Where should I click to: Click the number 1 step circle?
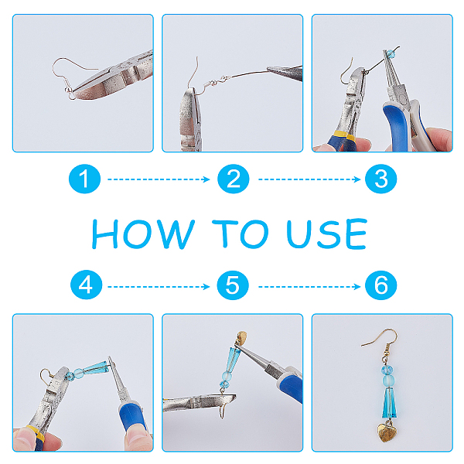[84, 179]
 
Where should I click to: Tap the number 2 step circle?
[234, 179]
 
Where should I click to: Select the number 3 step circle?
[380, 179]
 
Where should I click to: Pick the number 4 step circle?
[86, 285]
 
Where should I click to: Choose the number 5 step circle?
[233, 285]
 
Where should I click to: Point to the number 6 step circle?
[380, 285]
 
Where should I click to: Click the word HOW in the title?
[143, 234]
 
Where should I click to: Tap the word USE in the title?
[327, 234]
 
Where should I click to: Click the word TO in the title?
[241, 234]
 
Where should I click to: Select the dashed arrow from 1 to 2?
[159, 179]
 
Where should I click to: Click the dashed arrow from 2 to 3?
[309, 179]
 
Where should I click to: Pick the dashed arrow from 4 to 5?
[159, 286]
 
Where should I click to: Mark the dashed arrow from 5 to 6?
[309, 286]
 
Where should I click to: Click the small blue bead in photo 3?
[391, 53]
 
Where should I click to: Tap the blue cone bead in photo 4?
[95, 367]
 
